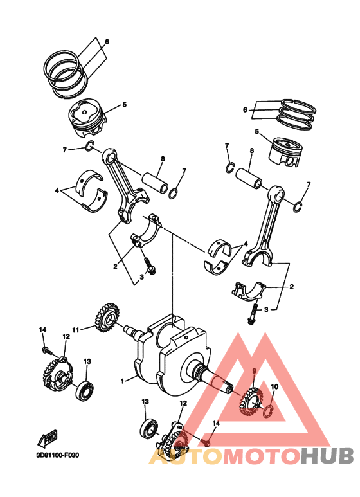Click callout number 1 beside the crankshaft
click(122, 381)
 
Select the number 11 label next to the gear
click(75, 330)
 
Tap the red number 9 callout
click(253, 371)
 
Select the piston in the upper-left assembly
click(86, 119)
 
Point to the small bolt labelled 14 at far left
click(46, 350)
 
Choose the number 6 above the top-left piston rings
click(107, 42)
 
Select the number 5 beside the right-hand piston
click(256, 132)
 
